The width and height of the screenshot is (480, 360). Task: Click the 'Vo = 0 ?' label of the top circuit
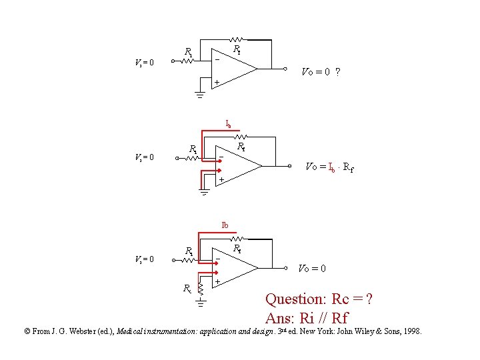(322, 71)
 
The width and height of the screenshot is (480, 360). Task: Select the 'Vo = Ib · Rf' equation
(329, 167)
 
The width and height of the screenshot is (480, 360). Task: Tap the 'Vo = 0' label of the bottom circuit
(311, 268)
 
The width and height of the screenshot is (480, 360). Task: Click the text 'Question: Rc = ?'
(319, 299)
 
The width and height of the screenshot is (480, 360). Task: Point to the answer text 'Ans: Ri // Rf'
(306, 318)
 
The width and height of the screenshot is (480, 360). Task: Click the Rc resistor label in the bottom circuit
(188, 289)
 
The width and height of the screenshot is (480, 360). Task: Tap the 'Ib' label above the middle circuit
(228, 124)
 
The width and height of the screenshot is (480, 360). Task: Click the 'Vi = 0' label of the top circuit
(143, 63)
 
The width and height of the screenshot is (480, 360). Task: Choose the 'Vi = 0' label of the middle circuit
(143, 157)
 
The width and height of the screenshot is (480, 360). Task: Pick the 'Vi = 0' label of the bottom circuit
(143, 259)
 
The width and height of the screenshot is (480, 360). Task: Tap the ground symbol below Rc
(200, 305)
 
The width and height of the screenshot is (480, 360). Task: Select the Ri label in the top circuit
(189, 51)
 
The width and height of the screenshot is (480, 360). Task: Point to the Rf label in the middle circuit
(241, 145)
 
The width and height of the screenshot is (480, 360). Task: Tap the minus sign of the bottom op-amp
(218, 259)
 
